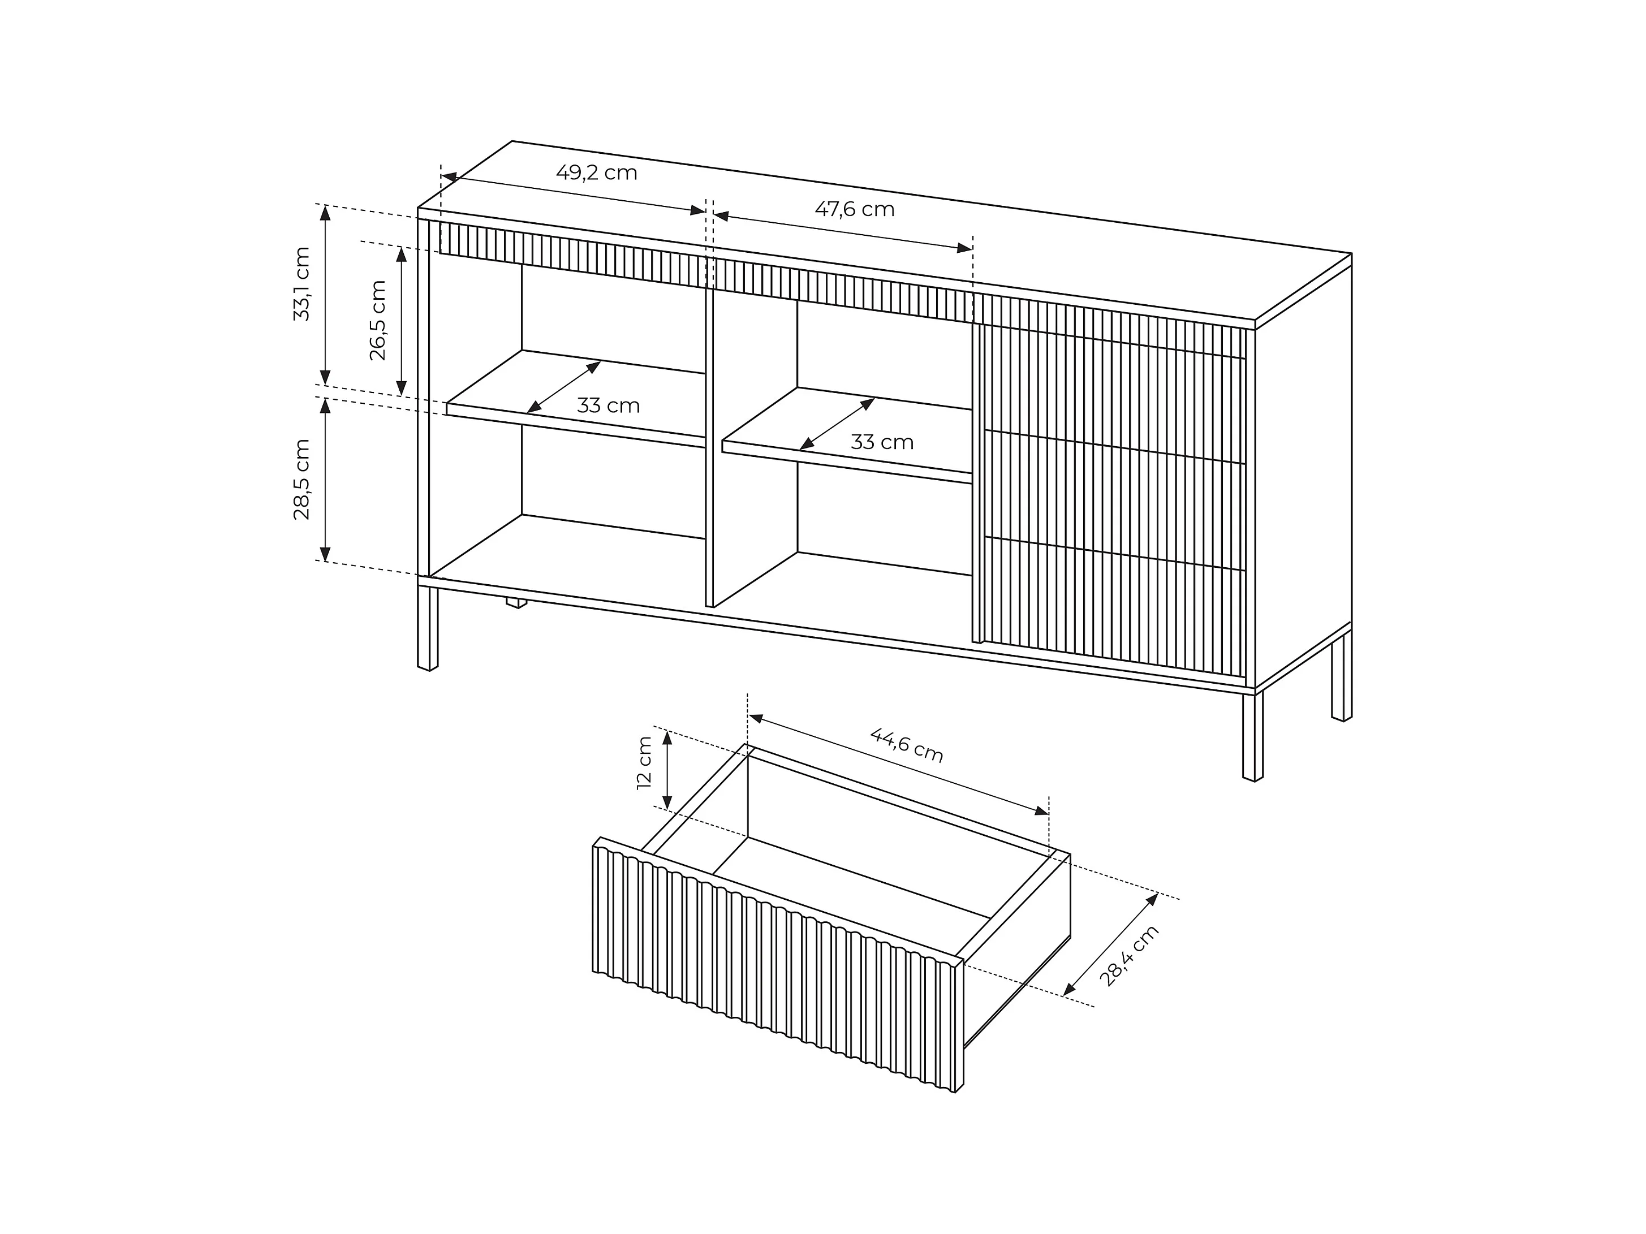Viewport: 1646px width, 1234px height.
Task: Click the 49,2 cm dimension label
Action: coord(597,172)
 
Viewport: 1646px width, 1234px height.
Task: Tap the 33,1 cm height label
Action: coord(301,283)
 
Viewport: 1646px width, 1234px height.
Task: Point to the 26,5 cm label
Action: coord(378,320)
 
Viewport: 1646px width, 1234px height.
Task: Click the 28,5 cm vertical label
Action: coord(301,479)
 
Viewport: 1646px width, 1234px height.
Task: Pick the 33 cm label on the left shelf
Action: coord(608,405)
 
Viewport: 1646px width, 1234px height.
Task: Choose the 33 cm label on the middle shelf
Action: coord(882,442)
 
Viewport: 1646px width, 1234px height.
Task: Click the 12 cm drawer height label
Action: coord(644,762)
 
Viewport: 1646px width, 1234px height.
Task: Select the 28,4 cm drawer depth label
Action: coord(1129,956)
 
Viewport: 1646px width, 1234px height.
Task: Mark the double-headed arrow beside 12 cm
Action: coord(667,770)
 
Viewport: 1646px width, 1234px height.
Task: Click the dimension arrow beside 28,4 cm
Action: coord(1110,944)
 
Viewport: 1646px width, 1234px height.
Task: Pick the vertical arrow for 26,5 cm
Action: coord(401,321)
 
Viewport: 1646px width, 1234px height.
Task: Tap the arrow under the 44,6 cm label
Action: coord(899,765)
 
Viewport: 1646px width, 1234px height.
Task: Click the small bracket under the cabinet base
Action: coord(516,602)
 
